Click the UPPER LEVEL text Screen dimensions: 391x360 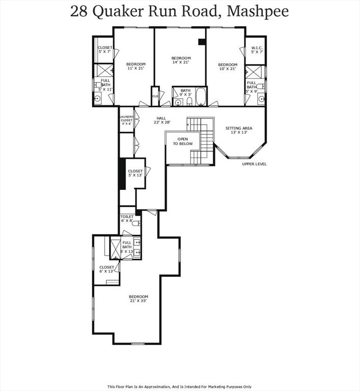(x=254, y=164)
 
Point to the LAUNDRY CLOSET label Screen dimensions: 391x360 (x=126, y=120)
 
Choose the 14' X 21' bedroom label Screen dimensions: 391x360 (x=181, y=60)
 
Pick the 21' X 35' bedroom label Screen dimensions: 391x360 (x=138, y=299)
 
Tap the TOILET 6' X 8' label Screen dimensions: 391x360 (x=127, y=218)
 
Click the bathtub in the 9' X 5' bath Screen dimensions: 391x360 (x=200, y=97)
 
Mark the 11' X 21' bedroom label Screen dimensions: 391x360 (x=136, y=66)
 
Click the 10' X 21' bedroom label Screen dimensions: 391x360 (x=228, y=67)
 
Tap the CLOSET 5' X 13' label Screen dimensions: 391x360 (x=135, y=174)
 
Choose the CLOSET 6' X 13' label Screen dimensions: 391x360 (x=106, y=269)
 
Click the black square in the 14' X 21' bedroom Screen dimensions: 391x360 (x=202, y=42)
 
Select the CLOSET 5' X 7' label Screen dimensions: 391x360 (x=105, y=50)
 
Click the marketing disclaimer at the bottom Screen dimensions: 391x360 (x=180, y=386)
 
